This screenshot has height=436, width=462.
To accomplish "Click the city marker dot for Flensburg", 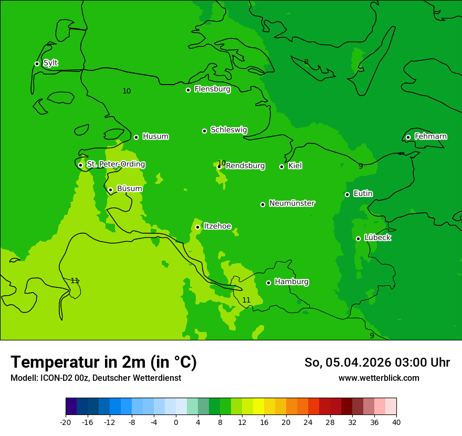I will tap(188, 90).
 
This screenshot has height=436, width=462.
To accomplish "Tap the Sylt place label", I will tap(50, 63).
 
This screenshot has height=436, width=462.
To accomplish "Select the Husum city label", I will tap(155, 137).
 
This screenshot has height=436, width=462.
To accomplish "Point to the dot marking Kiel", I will tap(281, 167).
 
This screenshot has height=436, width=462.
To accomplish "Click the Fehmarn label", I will tap(430, 137).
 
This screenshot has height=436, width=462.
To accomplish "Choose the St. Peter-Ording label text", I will tap(115, 164).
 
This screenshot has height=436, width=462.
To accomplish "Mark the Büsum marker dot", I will tap(110, 190).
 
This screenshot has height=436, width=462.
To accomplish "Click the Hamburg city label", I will tap(291, 282).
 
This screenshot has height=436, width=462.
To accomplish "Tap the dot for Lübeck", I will tap(358, 238).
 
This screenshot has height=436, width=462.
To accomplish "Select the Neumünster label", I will tap(292, 203).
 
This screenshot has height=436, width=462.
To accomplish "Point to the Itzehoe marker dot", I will tap(197, 227).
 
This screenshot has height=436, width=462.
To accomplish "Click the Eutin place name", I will tap(363, 194).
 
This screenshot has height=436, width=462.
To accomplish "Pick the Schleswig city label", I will tap(228, 130).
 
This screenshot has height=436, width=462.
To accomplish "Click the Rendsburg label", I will tap(245, 166).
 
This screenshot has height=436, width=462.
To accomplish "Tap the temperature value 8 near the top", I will tap(306, 62).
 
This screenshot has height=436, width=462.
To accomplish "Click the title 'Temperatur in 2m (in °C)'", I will tap(103, 362).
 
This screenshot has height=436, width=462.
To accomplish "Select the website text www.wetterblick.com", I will tap(379, 378).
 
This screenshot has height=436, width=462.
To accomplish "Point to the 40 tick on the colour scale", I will tap(396, 422).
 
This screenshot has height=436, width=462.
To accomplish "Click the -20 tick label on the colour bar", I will tap(66, 422).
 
